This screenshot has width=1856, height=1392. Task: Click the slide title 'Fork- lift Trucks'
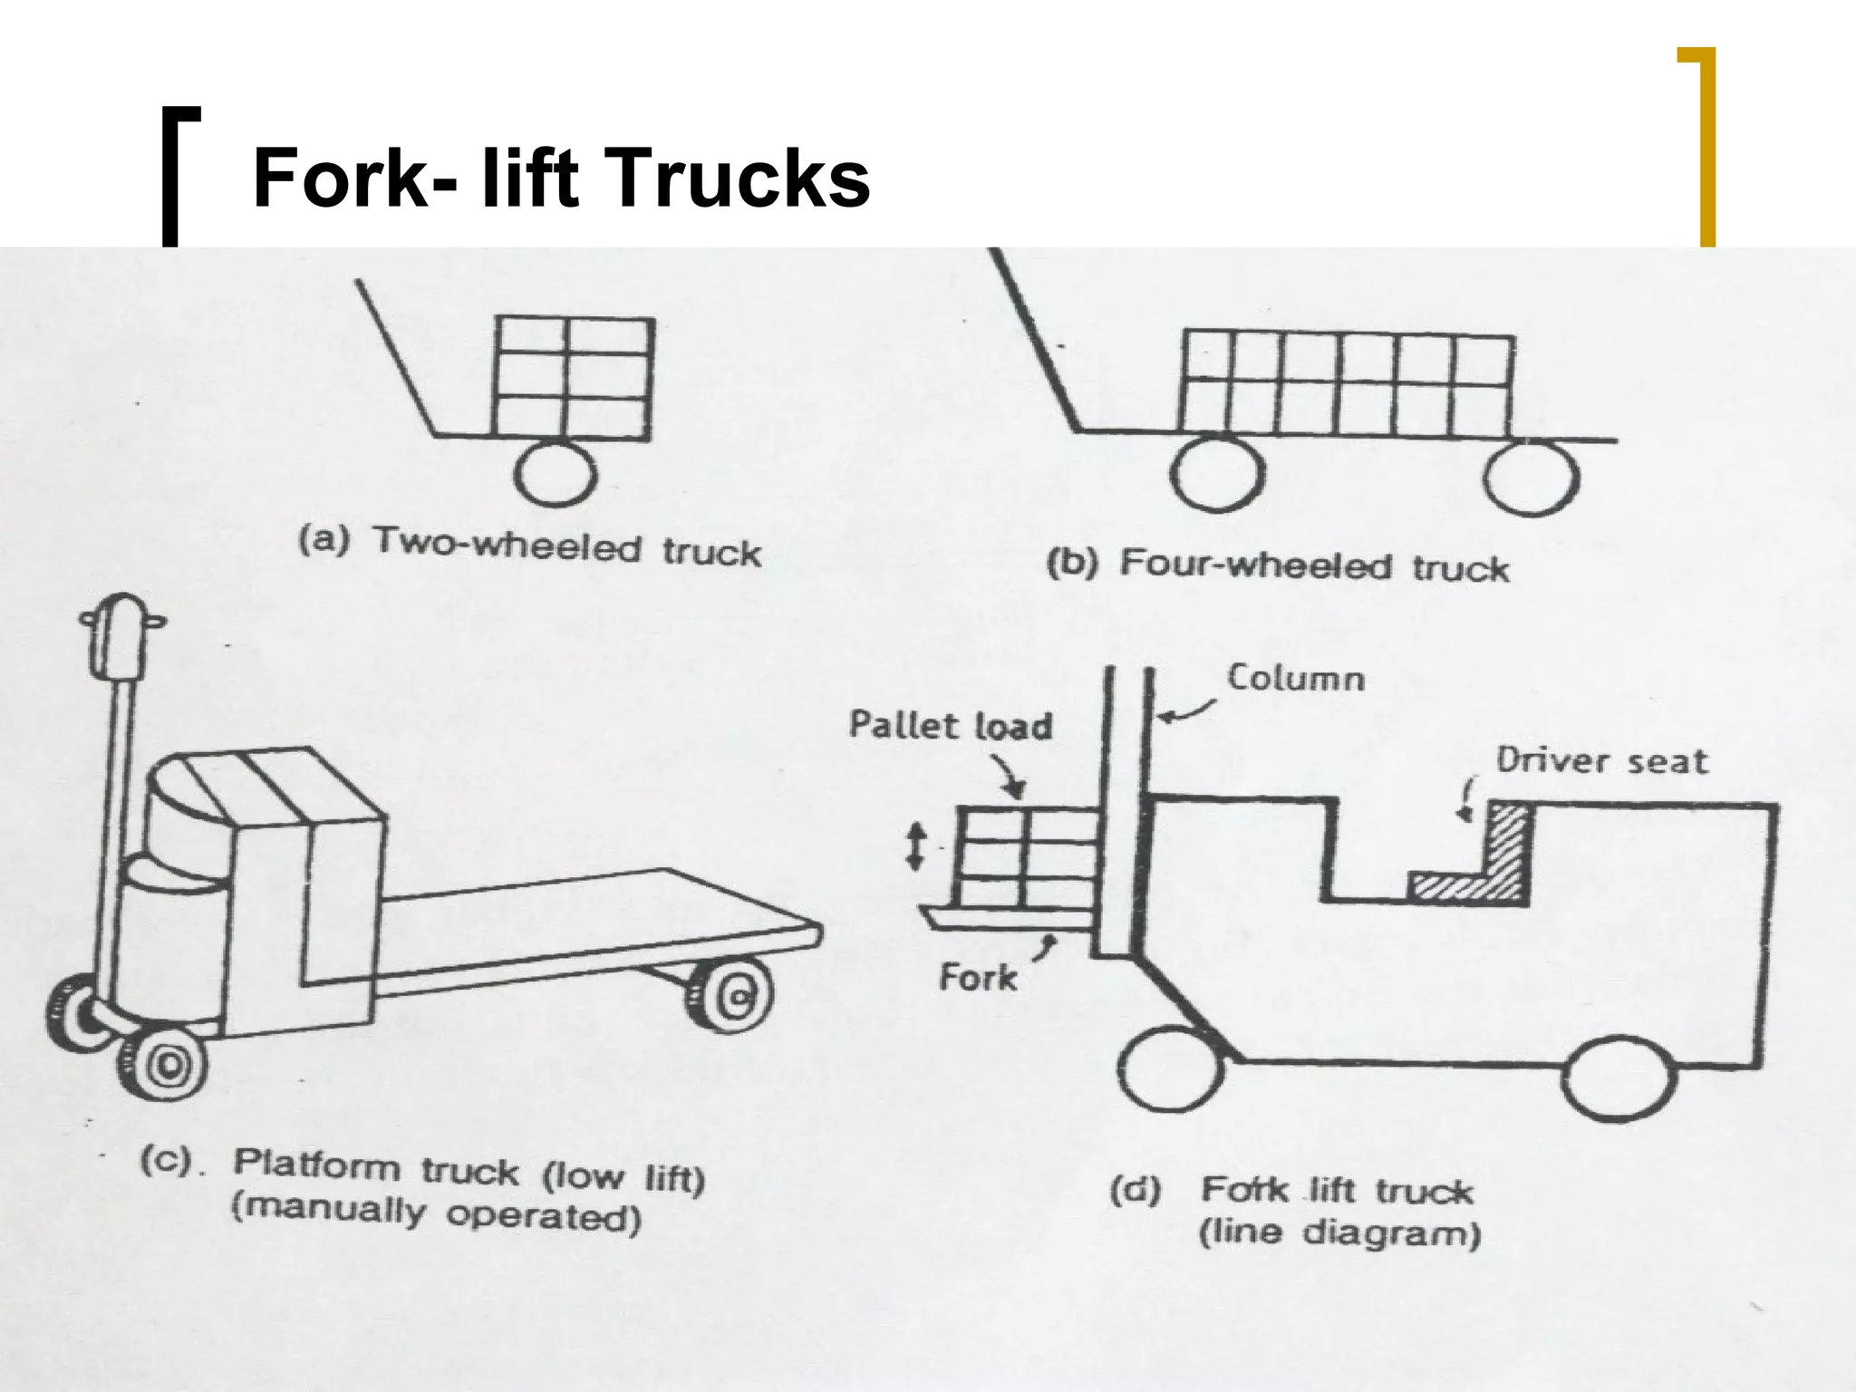[561, 179]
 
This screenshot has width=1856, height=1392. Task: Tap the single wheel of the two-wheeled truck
[555, 473]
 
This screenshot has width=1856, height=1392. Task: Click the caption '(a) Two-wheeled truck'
[530, 546]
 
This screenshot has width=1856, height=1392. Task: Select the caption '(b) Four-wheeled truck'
[1278, 565]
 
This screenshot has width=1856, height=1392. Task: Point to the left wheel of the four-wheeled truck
[1216, 474]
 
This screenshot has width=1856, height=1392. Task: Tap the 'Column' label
[1295, 679]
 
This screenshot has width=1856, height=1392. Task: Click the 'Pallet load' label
[950, 726]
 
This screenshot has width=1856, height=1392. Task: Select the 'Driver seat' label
[1601, 760]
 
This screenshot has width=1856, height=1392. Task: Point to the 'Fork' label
[978, 978]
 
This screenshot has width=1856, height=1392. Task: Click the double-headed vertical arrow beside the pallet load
[915, 846]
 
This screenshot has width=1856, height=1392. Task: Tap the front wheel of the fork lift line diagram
[1170, 1070]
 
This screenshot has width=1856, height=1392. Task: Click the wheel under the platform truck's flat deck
[732, 996]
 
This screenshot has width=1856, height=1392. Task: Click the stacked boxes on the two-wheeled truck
[573, 378]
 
